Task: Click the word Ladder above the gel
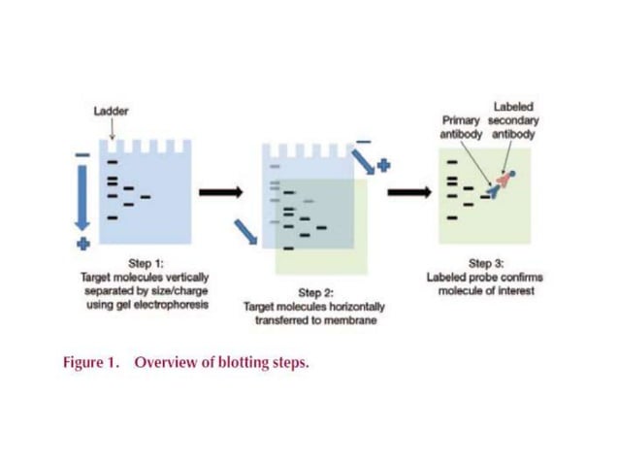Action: (x=111, y=111)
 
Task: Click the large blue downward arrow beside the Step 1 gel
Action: (x=83, y=198)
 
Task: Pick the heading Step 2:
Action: (x=315, y=292)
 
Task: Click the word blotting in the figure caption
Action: (x=241, y=363)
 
